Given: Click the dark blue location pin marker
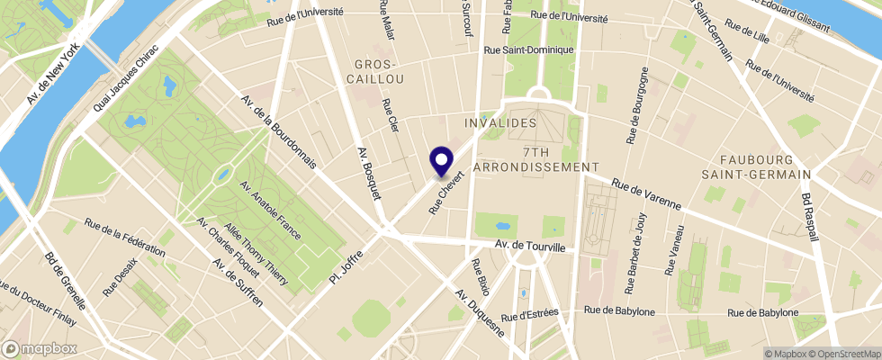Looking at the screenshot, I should (x=442, y=161).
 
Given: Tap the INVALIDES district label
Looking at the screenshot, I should (x=501, y=121).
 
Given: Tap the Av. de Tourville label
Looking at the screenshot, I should (x=530, y=246).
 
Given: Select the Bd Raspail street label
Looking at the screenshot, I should (x=810, y=217).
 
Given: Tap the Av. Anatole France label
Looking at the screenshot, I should (x=269, y=210).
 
